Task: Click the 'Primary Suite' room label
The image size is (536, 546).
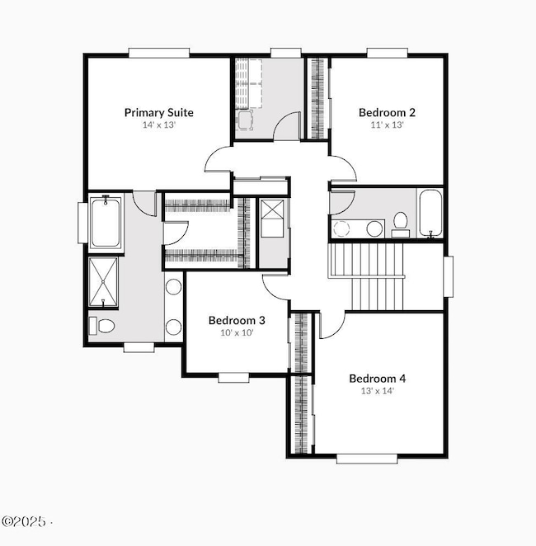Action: [158, 112]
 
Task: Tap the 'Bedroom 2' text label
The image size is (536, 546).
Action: [387, 112]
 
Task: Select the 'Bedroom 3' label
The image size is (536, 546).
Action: [236, 320]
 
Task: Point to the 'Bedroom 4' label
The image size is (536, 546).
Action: [377, 379]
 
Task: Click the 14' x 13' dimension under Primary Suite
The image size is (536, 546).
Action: [158, 125]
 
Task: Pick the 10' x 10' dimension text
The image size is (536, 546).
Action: [236, 333]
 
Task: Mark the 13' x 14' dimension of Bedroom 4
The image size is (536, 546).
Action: [377, 392]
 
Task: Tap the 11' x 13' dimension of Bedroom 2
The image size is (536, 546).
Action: [387, 125]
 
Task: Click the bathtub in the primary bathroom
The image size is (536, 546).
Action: [106, 223]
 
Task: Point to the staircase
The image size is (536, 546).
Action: [367, 276]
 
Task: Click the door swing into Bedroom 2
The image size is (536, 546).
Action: [345, 169]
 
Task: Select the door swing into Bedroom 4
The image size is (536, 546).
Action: [330, 325]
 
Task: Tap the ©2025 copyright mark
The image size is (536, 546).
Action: [25, 522]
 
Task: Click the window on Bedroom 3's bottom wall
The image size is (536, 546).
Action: [234, 377]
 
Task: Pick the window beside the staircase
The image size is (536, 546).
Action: [449, 276]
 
